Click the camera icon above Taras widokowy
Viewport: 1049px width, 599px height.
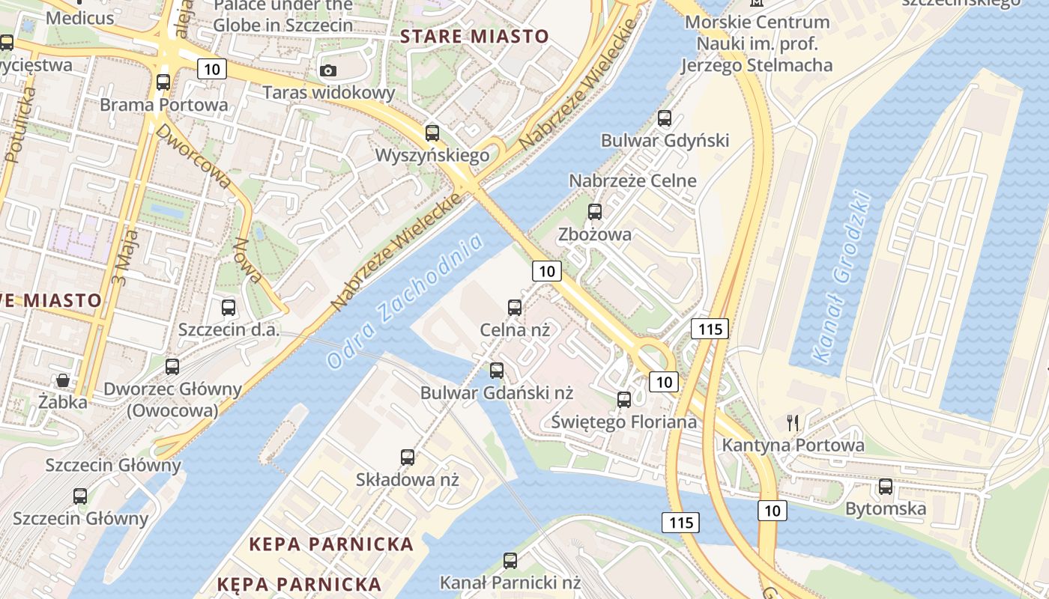tap(328, 71)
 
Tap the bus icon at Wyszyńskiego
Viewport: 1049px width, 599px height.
tap(432, 133)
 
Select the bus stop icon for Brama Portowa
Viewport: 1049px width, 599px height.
tap(163, 82)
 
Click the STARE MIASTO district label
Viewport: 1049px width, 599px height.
tap(474, 36)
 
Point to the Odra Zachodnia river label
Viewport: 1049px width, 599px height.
tap(405, 301)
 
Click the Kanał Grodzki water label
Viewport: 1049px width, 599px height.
tap(843, 278)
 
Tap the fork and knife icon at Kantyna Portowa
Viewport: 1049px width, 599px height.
tap(793, 423)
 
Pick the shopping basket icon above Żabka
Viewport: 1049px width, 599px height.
tap(63, 380)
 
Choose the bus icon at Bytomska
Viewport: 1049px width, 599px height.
tap(886, 487)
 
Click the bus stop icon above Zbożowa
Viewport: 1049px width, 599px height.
tap(595, 212)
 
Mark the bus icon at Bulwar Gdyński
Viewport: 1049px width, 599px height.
tap(665, 118)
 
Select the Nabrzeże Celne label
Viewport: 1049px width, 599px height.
tap(632, 180)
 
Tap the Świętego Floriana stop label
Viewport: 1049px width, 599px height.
tap(623, 422)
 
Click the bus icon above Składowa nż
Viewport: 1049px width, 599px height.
tap(408, 457)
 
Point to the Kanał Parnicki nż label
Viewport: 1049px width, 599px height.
tap(510, 582)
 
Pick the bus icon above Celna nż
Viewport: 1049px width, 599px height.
tap(515, 307)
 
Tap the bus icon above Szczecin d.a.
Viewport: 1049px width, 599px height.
tap(229, 307)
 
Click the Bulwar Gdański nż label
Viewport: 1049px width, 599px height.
tap(496, 392)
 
